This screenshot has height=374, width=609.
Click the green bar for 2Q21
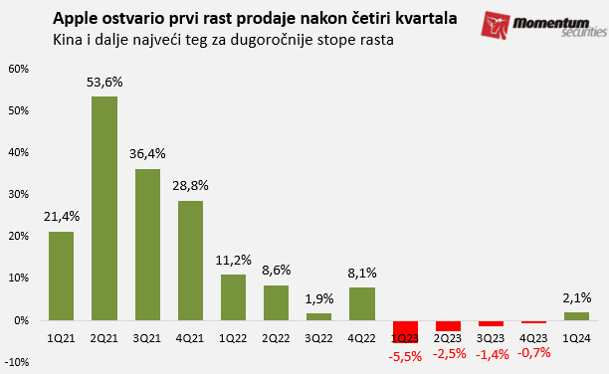[104, 209]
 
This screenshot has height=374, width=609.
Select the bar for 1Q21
[61, 276]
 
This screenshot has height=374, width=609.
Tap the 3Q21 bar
[147, 245]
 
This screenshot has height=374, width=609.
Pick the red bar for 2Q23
[448, 326]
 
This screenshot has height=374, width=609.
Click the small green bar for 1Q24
[577, 316]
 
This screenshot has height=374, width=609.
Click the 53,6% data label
[104, 83]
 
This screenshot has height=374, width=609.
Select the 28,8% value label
[191, 186]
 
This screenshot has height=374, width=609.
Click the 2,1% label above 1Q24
[578, 297]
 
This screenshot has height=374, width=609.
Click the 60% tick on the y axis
[18, 70]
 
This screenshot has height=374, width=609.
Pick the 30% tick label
[18, 195]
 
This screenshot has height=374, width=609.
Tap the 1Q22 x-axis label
[233, 338]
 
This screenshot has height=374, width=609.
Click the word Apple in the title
[76, 19]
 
